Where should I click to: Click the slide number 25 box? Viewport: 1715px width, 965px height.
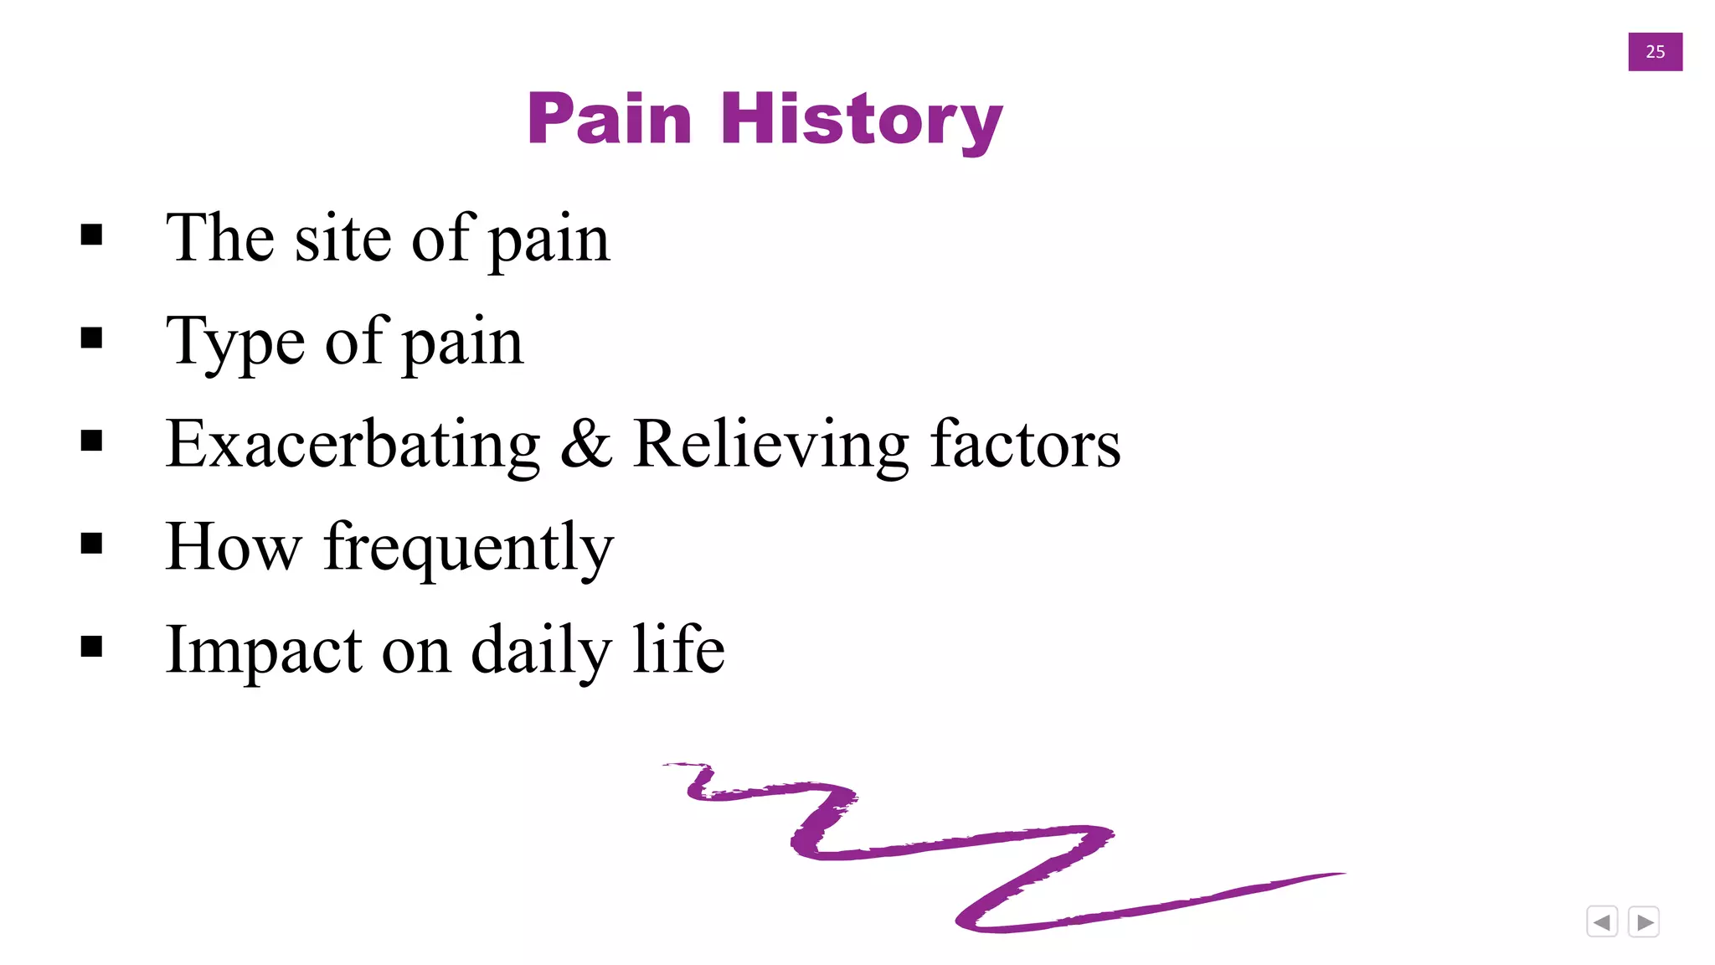tap(1655, 52)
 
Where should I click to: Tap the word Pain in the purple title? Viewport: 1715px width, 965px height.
tap(610, 120)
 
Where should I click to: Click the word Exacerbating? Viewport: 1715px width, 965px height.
tap(353, 444)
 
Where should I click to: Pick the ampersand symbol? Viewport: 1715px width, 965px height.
tap(586, 444)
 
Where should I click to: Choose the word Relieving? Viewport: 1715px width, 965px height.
tap(770, 444)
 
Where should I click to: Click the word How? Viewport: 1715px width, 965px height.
tap(233, 547)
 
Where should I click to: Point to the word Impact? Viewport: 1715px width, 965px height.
tap(264, 650)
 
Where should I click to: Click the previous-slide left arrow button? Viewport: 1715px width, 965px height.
tap(1602, 922)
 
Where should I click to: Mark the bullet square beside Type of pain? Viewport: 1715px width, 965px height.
tap(92, 338)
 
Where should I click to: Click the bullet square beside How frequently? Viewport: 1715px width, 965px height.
tap(92, 544)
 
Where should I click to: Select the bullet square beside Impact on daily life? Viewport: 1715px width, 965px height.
tap(92, 647)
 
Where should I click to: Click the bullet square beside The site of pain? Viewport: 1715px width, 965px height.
tap(92, 235)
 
